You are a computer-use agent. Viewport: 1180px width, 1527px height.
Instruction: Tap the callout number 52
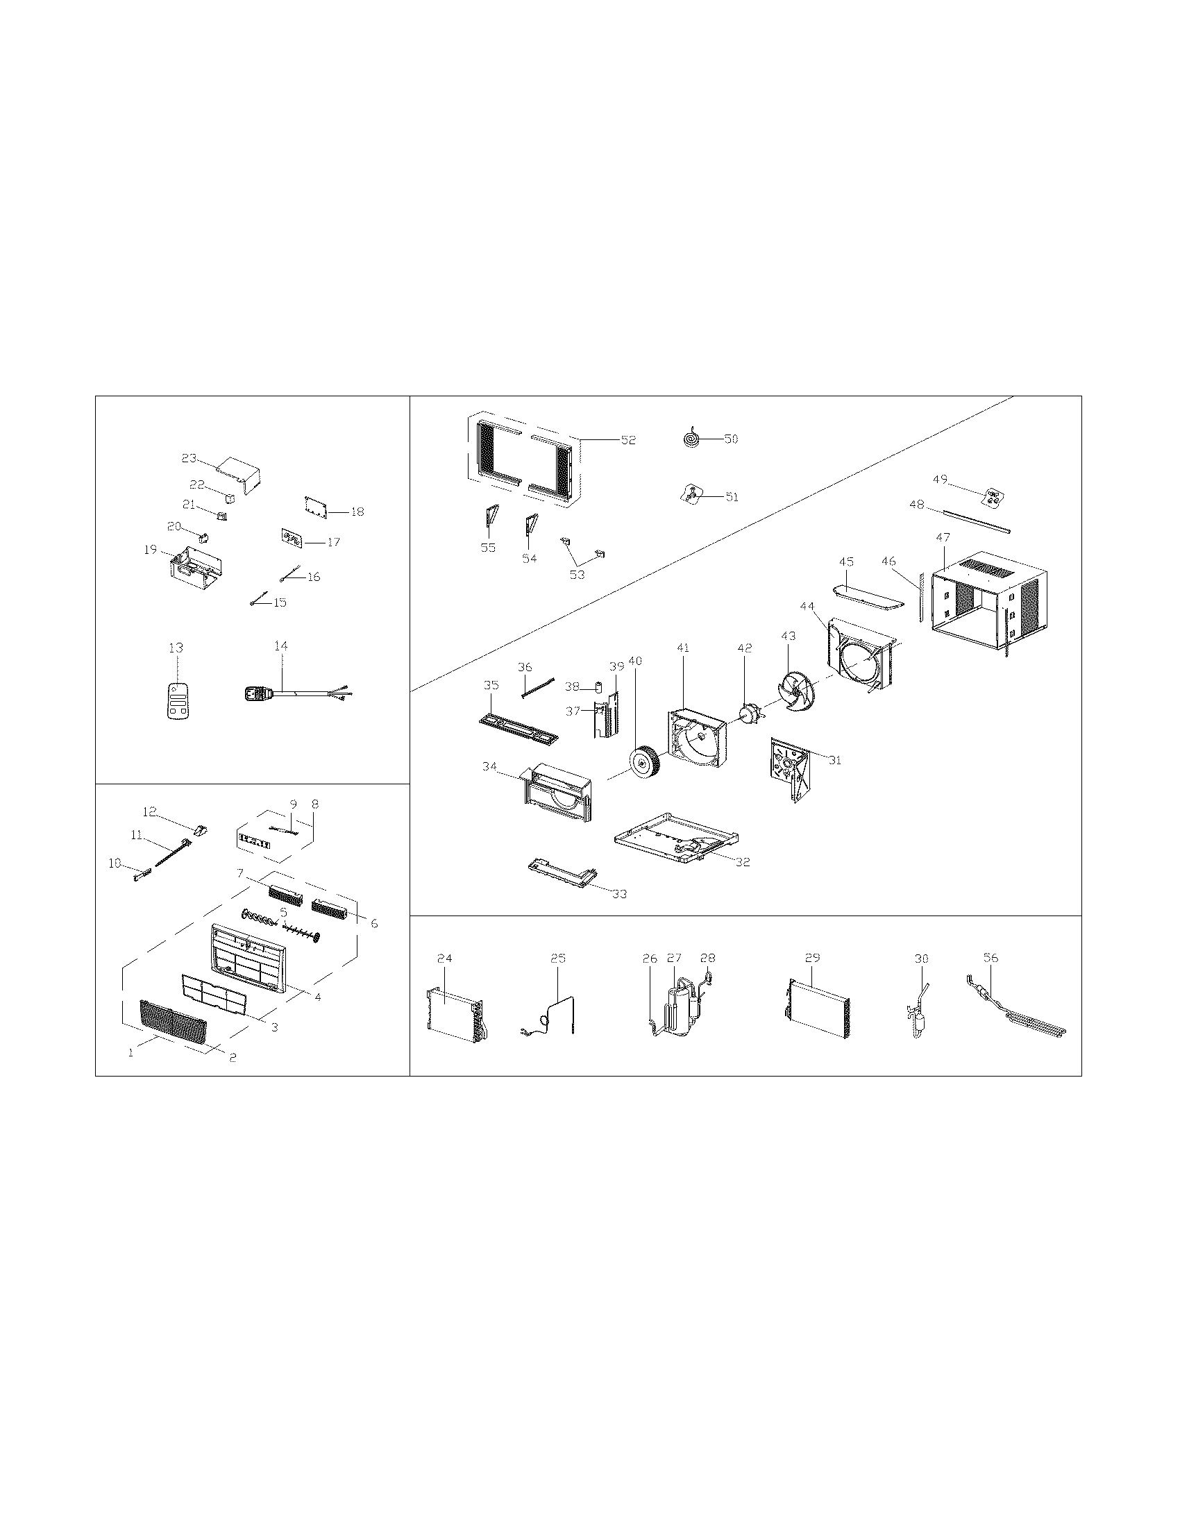point(628,440)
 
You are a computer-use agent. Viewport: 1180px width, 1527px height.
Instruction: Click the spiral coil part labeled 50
point(691,439)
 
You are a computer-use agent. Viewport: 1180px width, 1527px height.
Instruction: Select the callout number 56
point(991,958)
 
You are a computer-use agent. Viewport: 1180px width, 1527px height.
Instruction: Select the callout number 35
point(491,684)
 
